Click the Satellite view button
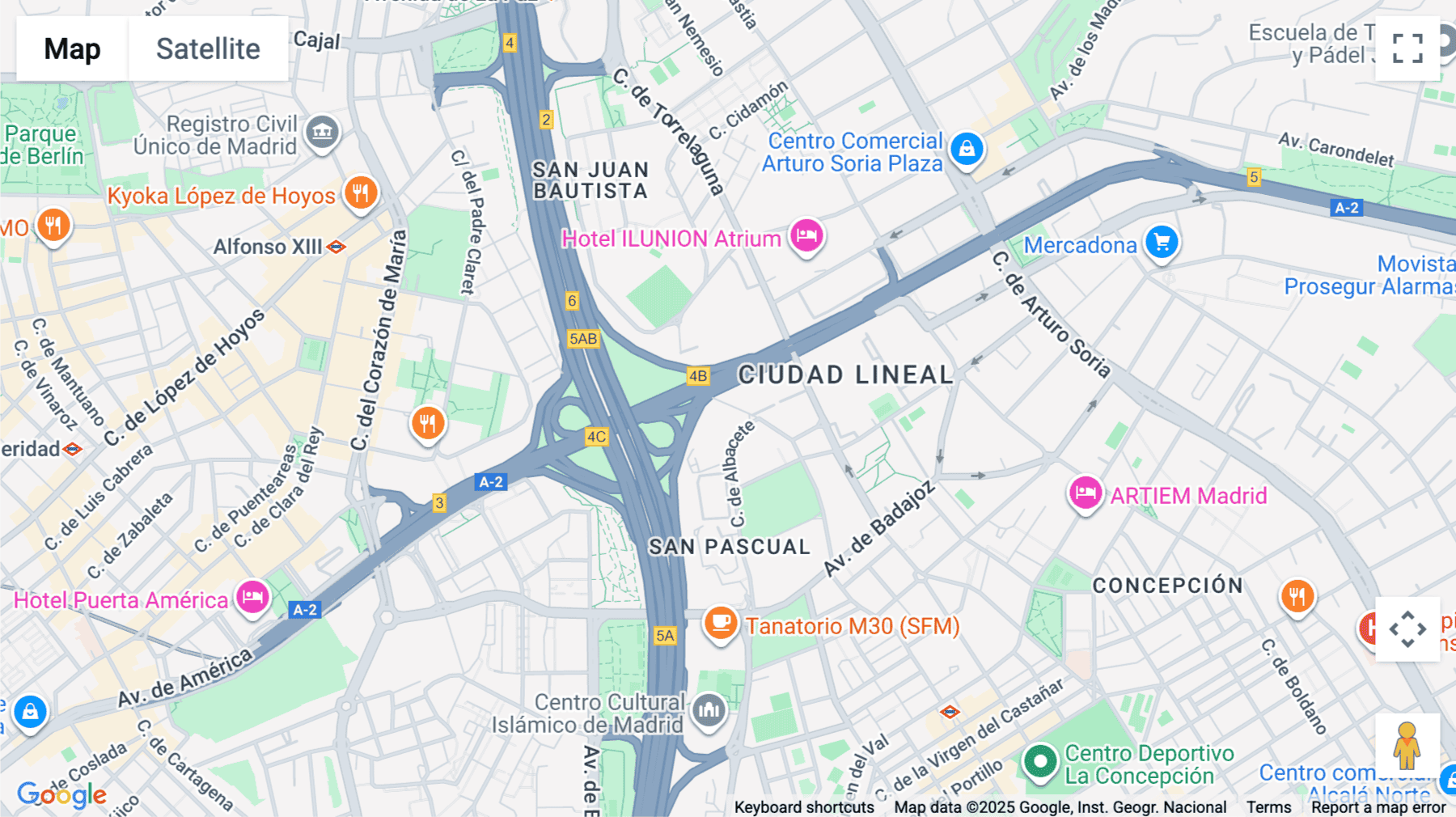click(x=208, y=49)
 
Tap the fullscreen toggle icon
click(x=1407, y=49)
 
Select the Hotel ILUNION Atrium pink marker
click(x=806, y=236)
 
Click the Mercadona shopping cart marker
click(x=1162, y=243)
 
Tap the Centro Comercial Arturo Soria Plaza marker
click(x=966, y=149)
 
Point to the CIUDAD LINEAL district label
click(x=845, y=375)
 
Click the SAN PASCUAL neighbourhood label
click(x=729, y=547)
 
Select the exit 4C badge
click(x=596, y=437)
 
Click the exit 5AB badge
click(x=583, y=339)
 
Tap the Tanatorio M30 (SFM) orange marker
click(x=720, y=624)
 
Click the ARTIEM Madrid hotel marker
click(x=1085, y=493)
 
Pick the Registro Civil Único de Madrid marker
click(x=322, y=131)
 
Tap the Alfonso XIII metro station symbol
click(x=336, y=247)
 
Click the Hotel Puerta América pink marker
click(x=252, y=598)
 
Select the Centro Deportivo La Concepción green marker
click(x=1040, y=761)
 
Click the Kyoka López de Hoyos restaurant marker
click(x=361, y=193)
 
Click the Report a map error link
click(x=1378, y=807)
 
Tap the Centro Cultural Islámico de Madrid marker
click(x=709, y=711)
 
